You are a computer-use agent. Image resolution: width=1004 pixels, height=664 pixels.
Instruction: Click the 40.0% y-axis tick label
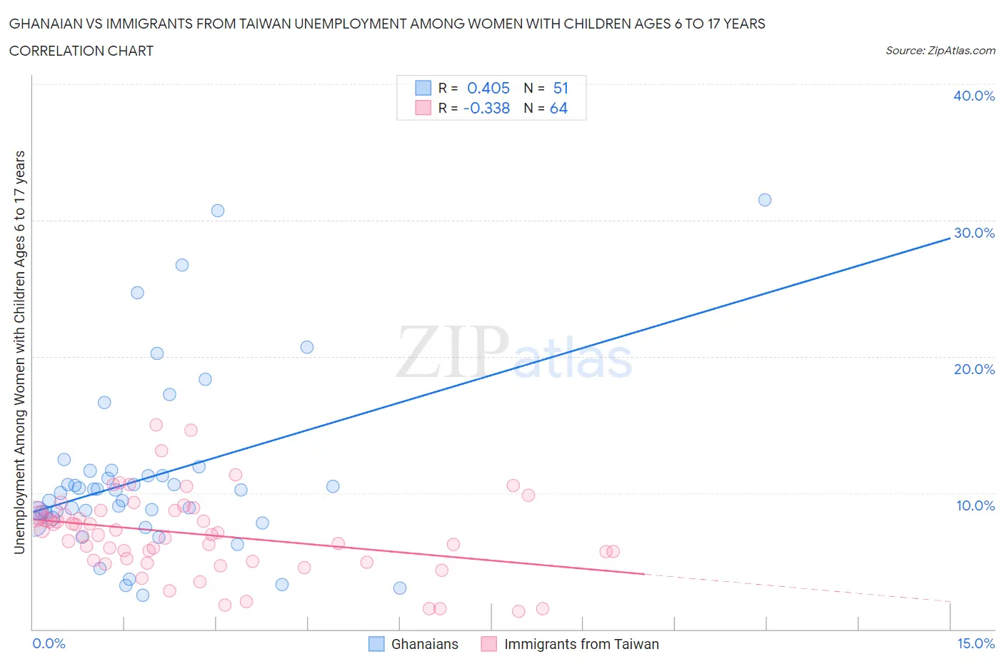click(973, 96)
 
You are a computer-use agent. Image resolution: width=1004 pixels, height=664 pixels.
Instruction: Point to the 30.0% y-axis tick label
click(973, 233)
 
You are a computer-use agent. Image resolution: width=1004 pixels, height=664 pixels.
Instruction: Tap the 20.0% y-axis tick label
click(973, 369)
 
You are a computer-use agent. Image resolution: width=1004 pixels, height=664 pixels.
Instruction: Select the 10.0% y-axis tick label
click(975, 505)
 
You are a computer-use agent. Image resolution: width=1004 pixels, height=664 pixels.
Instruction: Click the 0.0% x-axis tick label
click(49, 643)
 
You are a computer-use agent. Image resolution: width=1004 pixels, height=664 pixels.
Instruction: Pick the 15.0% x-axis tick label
click(975, 643)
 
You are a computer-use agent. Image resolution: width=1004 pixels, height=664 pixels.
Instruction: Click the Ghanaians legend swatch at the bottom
click(376, 644)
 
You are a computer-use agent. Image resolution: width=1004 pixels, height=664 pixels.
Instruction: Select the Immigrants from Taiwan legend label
click(581, 644)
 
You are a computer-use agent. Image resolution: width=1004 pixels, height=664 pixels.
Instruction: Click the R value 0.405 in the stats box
click(488, 88)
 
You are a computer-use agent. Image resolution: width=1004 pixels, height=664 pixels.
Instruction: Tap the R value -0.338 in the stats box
click(486, 108)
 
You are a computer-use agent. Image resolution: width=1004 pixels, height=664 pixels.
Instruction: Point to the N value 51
click(561, 88)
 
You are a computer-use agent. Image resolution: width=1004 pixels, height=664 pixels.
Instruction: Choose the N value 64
click(558, 108)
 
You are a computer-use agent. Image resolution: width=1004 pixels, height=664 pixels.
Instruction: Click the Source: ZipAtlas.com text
click(940, 51)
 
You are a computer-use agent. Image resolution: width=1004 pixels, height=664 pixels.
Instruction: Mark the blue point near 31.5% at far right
click(765, 200)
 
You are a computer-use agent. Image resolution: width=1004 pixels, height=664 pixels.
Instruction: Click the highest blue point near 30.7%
click(218, 211)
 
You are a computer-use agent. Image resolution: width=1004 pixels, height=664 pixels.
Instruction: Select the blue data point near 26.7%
click(182, 265)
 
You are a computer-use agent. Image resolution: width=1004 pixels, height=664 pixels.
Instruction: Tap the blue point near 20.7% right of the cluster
click(307, 347)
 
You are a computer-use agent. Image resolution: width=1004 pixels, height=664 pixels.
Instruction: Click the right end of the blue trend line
click(949, 239)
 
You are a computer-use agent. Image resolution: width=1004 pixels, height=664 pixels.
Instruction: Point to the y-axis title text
click(20, 352)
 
